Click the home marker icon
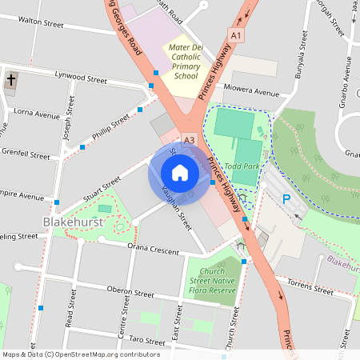click(x=179, y=172)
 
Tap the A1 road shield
click(x=235, y=36)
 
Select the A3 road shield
click(x=189, y=140)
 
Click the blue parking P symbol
click(x=286, y=198)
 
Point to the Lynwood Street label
click(x=80, y=80)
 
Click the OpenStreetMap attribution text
click(x=80, y=354)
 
